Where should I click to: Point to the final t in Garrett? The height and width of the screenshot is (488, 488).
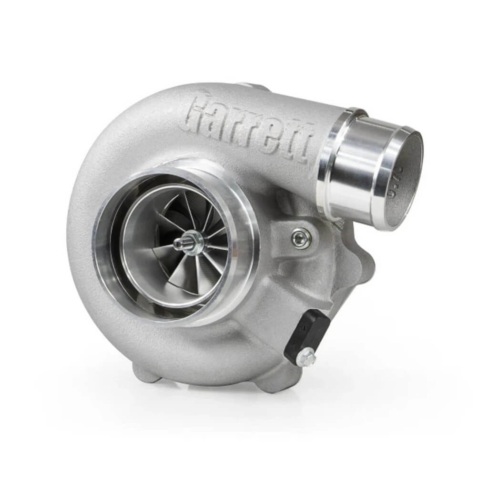coord(307,143)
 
